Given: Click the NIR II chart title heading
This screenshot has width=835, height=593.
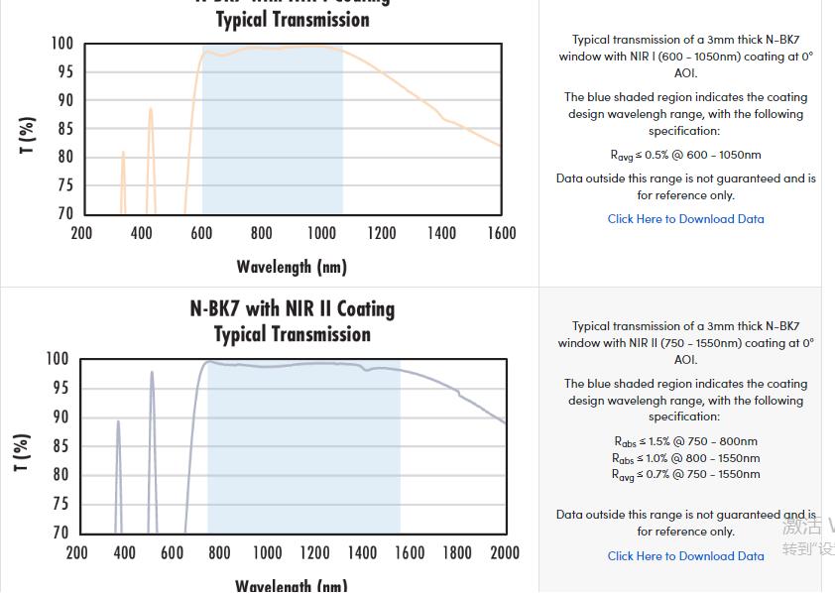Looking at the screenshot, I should pyautogui.click(x=292, y=321).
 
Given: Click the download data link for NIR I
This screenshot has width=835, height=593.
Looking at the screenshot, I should pyautogui.click(x=685, y=219).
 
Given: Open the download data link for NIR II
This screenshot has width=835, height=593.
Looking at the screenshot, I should pyautogui.click(x=685, y=556).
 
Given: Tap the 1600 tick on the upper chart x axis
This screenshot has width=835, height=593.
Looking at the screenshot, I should pyautogui.click(x=502, y=233).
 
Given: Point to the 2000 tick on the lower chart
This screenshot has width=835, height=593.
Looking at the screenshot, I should pyautogui.click(x=505, y=552).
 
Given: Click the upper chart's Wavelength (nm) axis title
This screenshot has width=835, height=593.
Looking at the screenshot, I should pyautogui.click(x=292, y=267).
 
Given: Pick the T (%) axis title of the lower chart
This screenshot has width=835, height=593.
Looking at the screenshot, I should pyautogui.click(x=22, y=452).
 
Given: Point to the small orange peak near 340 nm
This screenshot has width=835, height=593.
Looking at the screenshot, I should pyautogui.click(x=123, y=155).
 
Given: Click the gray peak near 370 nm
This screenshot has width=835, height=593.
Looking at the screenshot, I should pyautogui.click(x=118, y=423).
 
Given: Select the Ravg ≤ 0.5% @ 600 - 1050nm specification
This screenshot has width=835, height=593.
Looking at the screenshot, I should pyautogui.click(x=685, y=155).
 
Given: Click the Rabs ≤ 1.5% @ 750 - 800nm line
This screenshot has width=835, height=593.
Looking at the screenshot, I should pyautogui.click(x=685, y=441).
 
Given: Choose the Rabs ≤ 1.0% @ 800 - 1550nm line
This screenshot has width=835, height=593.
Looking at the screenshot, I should pyautogui.click(x=685, y=458).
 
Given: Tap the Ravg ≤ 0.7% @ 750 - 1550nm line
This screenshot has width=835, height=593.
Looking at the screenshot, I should pyautogui.click(x=685, y=474).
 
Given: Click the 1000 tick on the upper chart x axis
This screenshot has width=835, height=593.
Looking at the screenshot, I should pyautogui.click(x=321, y=233).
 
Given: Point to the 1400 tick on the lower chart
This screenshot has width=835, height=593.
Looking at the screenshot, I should pyautogui.click(x=362, y=552).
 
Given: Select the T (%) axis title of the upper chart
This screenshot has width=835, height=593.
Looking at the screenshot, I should pyautogui.click(x=28, y=135).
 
